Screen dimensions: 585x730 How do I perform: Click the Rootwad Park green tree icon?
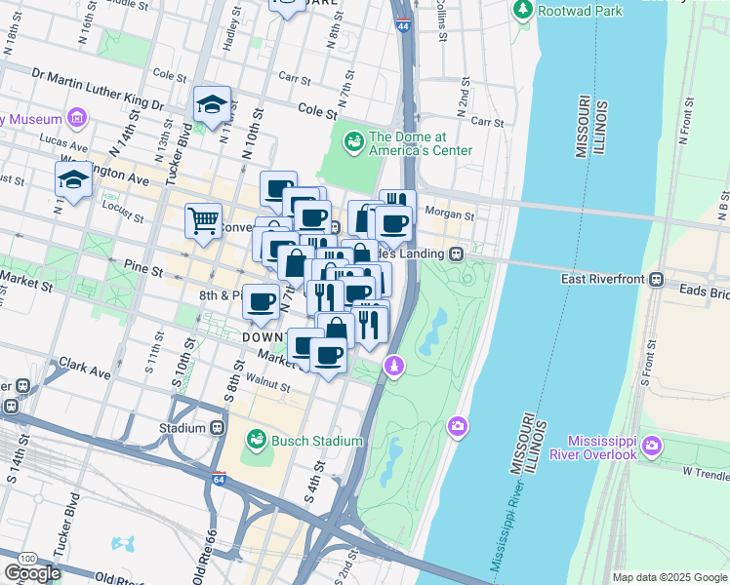tap(523, 10)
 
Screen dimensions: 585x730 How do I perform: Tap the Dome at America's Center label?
tap(420, 143)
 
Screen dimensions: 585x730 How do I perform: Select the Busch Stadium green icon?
tap(256, 441)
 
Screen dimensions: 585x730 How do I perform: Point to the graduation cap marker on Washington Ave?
tap(73, 179)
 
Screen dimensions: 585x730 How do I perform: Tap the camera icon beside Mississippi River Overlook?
tap(652, 447)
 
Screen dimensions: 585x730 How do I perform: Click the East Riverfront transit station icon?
tap(657, 279)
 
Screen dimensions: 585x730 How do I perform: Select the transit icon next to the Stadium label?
tap(223, 428)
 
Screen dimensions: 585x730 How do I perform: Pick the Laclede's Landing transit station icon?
tap(456, 253)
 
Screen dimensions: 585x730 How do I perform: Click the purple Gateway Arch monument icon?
tap(393, 365)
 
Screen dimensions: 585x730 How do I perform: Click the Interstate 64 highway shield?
tap(218, 479)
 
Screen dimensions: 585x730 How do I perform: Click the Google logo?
tap(32, 573)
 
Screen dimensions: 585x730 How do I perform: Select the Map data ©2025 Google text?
tap(669, 577)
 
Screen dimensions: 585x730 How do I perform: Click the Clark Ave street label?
tap(83, 371)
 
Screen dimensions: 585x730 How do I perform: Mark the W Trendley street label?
tap(705, 472)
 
